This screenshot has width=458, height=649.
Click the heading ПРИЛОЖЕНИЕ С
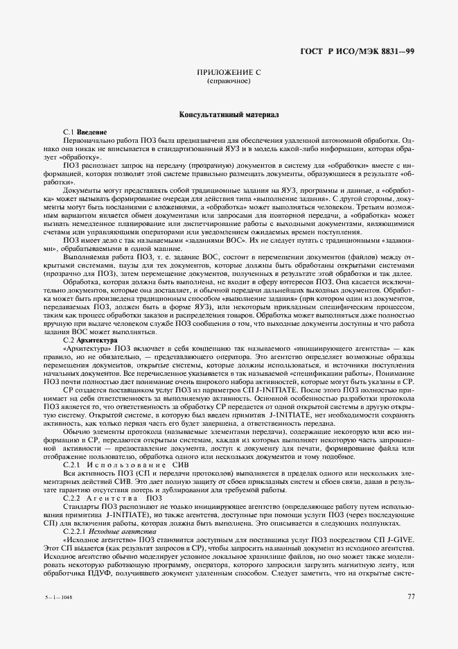[x=229, y=73]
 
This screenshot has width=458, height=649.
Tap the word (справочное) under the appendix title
[x=229, y=82]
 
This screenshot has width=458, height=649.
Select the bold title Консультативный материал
[x=229, y=114]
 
